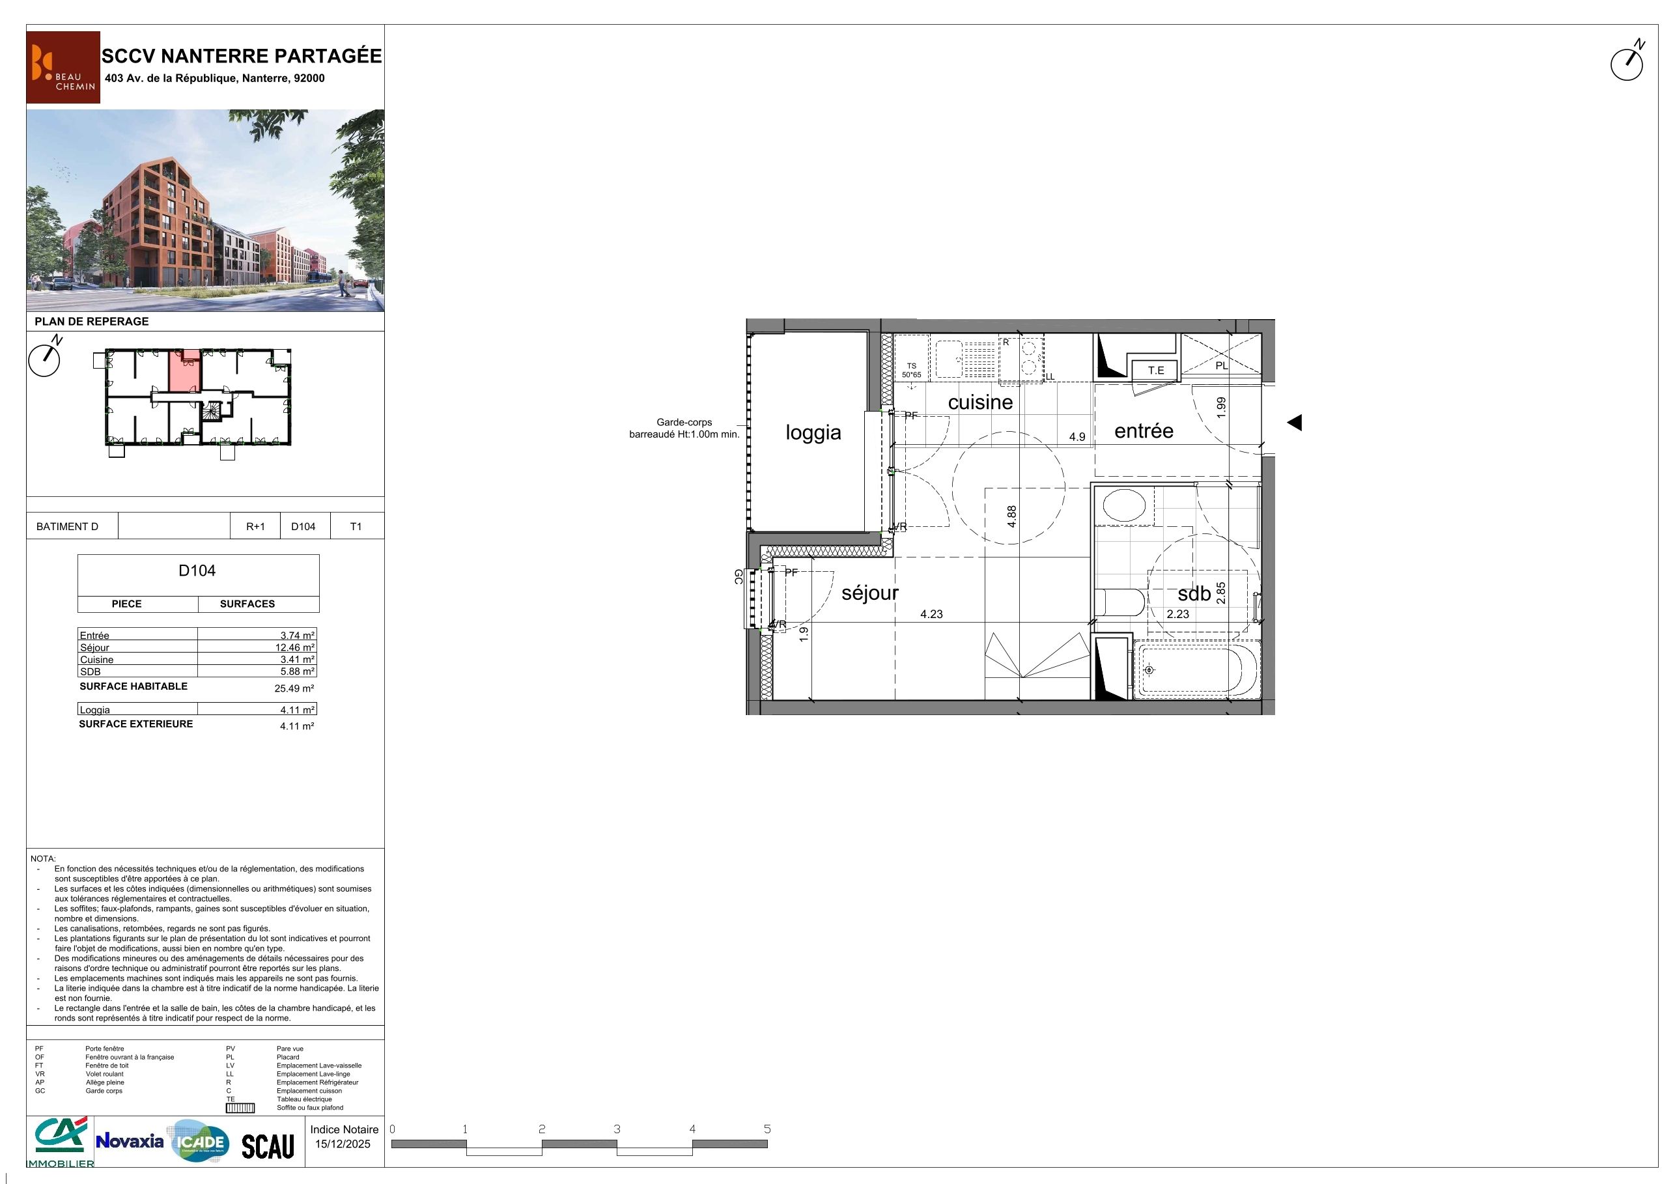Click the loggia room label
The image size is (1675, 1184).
tap(813, 432)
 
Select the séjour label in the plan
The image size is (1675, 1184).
tap(869, 593)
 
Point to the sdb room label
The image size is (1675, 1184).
tap(1194, 594)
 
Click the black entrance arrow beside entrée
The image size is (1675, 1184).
tap(1294, 423)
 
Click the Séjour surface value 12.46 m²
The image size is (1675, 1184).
tap(295, 648)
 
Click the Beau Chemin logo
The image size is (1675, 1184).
tap(63, 67)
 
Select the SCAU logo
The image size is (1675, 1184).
tap(268, 1146)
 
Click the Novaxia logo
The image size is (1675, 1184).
tap(130, 1141)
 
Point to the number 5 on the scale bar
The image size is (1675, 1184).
tap(767, 1129)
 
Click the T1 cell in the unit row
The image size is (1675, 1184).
tap(356, 527)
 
